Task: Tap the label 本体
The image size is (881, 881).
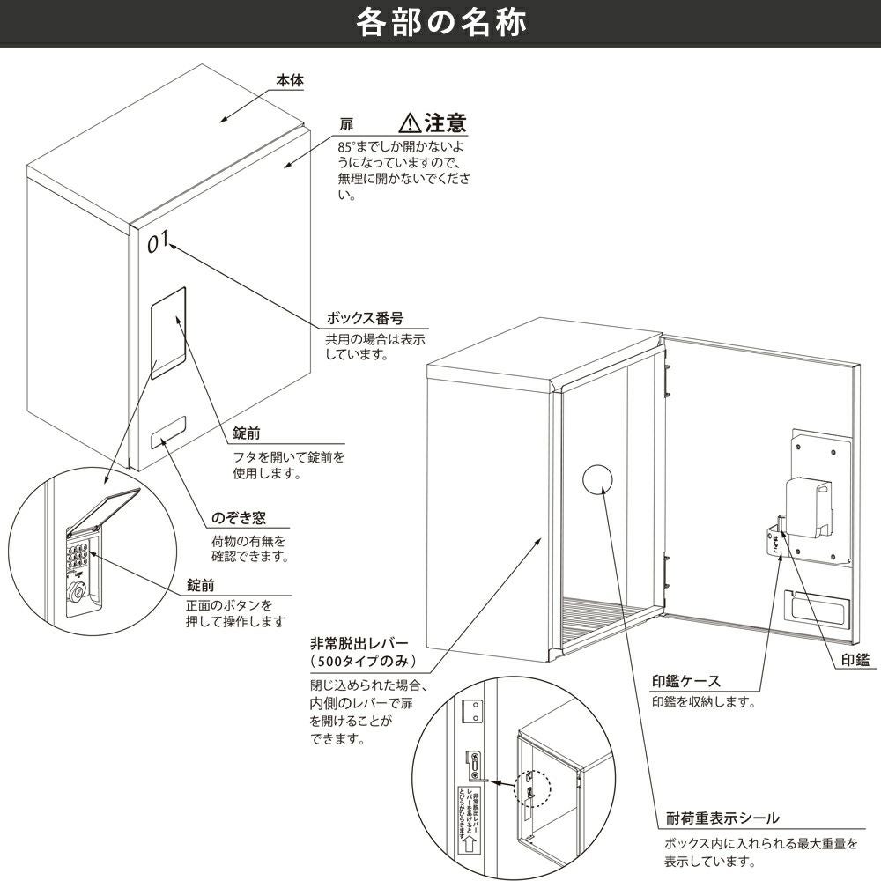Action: click(289, 80)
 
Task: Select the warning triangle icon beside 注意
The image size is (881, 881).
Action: click(410, 122)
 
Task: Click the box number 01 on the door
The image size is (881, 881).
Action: click(159, 241)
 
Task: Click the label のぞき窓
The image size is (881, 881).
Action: click(238, 518)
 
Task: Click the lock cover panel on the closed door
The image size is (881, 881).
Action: click(168, 332)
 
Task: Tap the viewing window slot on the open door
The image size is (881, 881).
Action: click(816, 608)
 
